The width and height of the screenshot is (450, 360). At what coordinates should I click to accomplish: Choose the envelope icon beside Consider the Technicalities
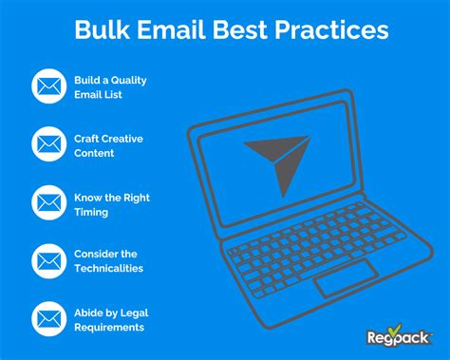pyautogui.click(x=47, y=260)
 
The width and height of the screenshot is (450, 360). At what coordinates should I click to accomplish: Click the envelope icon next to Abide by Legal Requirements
pyautogui.click(x=47, y=318)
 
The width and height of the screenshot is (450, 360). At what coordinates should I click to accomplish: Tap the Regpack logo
pyautogui.click(x=398, y=337)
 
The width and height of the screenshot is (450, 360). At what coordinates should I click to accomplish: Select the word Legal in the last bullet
pyautogui.click(x=133, y=313)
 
